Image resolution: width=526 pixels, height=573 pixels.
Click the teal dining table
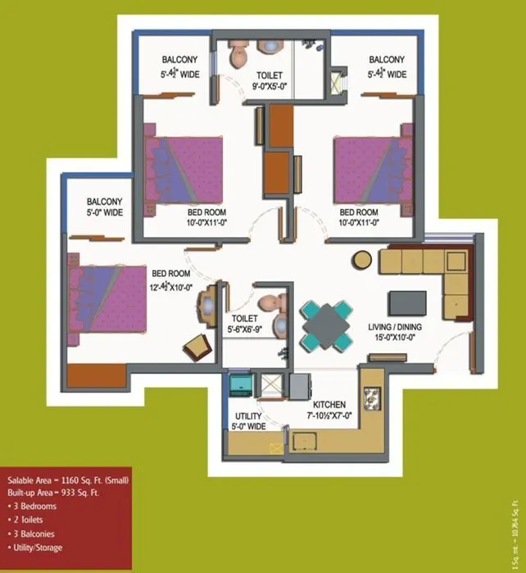point(325,325)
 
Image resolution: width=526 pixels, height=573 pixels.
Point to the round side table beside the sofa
point(362,261)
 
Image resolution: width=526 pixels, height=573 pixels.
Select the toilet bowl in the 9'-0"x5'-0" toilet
point(238,56)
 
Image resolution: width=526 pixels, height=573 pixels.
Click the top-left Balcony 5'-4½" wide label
point(179,66)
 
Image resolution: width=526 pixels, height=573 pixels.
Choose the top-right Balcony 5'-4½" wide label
point(386,66)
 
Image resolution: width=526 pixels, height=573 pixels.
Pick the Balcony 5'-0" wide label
point(105,207)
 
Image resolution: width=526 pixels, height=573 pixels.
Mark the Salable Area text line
point(68,480)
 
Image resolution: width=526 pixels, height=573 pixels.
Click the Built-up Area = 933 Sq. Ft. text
point(53,493)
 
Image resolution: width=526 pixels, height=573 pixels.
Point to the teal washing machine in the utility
point(239,384)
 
